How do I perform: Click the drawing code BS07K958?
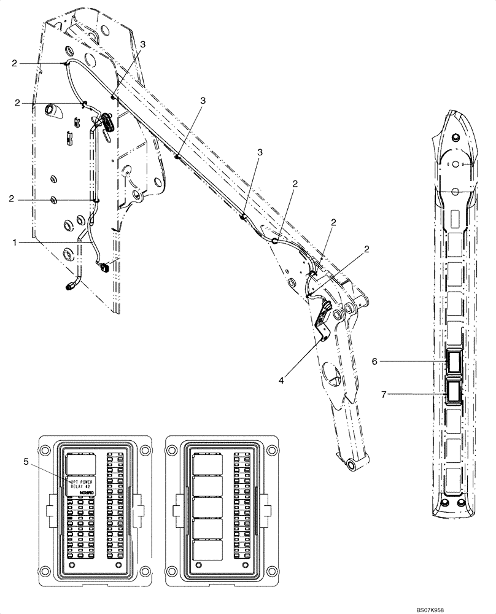tap(461, 608)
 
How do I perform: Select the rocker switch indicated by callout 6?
tap(455, 362)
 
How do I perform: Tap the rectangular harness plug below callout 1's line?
tap(104, 267)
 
